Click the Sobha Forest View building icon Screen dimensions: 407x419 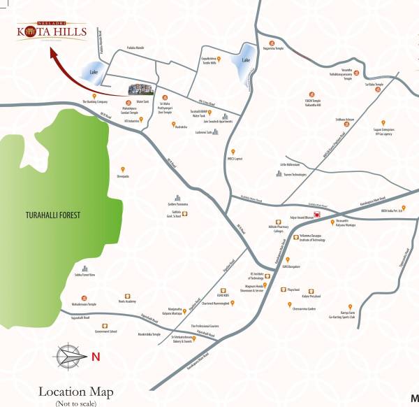pos(84,269)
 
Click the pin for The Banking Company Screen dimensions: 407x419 pos(94,95)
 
